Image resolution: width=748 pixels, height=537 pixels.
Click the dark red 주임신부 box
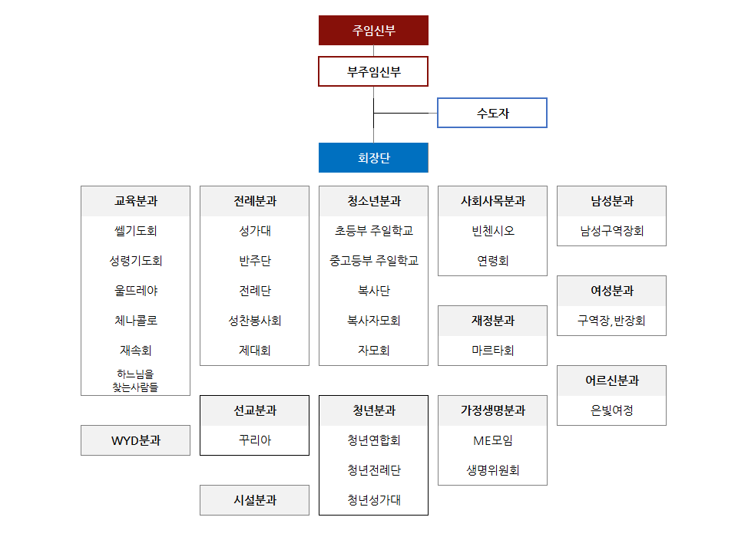point(373,31)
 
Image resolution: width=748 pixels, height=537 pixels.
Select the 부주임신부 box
point(373,72)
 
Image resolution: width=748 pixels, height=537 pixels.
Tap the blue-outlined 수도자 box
point(492,114)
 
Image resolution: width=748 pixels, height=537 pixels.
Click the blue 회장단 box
point(373,158)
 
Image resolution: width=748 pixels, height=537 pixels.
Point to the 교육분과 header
point(136,202)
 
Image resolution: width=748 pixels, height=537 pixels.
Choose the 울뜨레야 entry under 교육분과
point(136,291)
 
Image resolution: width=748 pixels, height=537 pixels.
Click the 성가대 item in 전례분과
point(254,231)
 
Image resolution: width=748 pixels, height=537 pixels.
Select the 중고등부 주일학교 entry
point(373,261)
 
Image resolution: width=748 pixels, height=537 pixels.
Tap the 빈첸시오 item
point(492,231)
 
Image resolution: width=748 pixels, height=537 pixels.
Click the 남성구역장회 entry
point(611,231)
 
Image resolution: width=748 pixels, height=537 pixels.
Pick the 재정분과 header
point(492,321)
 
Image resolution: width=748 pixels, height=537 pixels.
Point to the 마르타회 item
point(492,351)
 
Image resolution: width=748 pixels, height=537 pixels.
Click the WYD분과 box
point(136,441)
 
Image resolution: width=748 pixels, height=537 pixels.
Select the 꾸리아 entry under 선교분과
point(254,441)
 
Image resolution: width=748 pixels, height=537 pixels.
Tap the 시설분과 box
point(254,500)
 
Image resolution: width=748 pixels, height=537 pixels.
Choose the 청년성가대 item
point(373,500)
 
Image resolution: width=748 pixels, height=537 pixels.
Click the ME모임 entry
point(492,441)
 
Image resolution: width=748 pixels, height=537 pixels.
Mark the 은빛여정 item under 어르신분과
point(611,410)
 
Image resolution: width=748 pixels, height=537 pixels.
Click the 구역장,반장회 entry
point(611,321)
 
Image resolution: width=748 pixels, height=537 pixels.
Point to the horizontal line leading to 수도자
point(405,114)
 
